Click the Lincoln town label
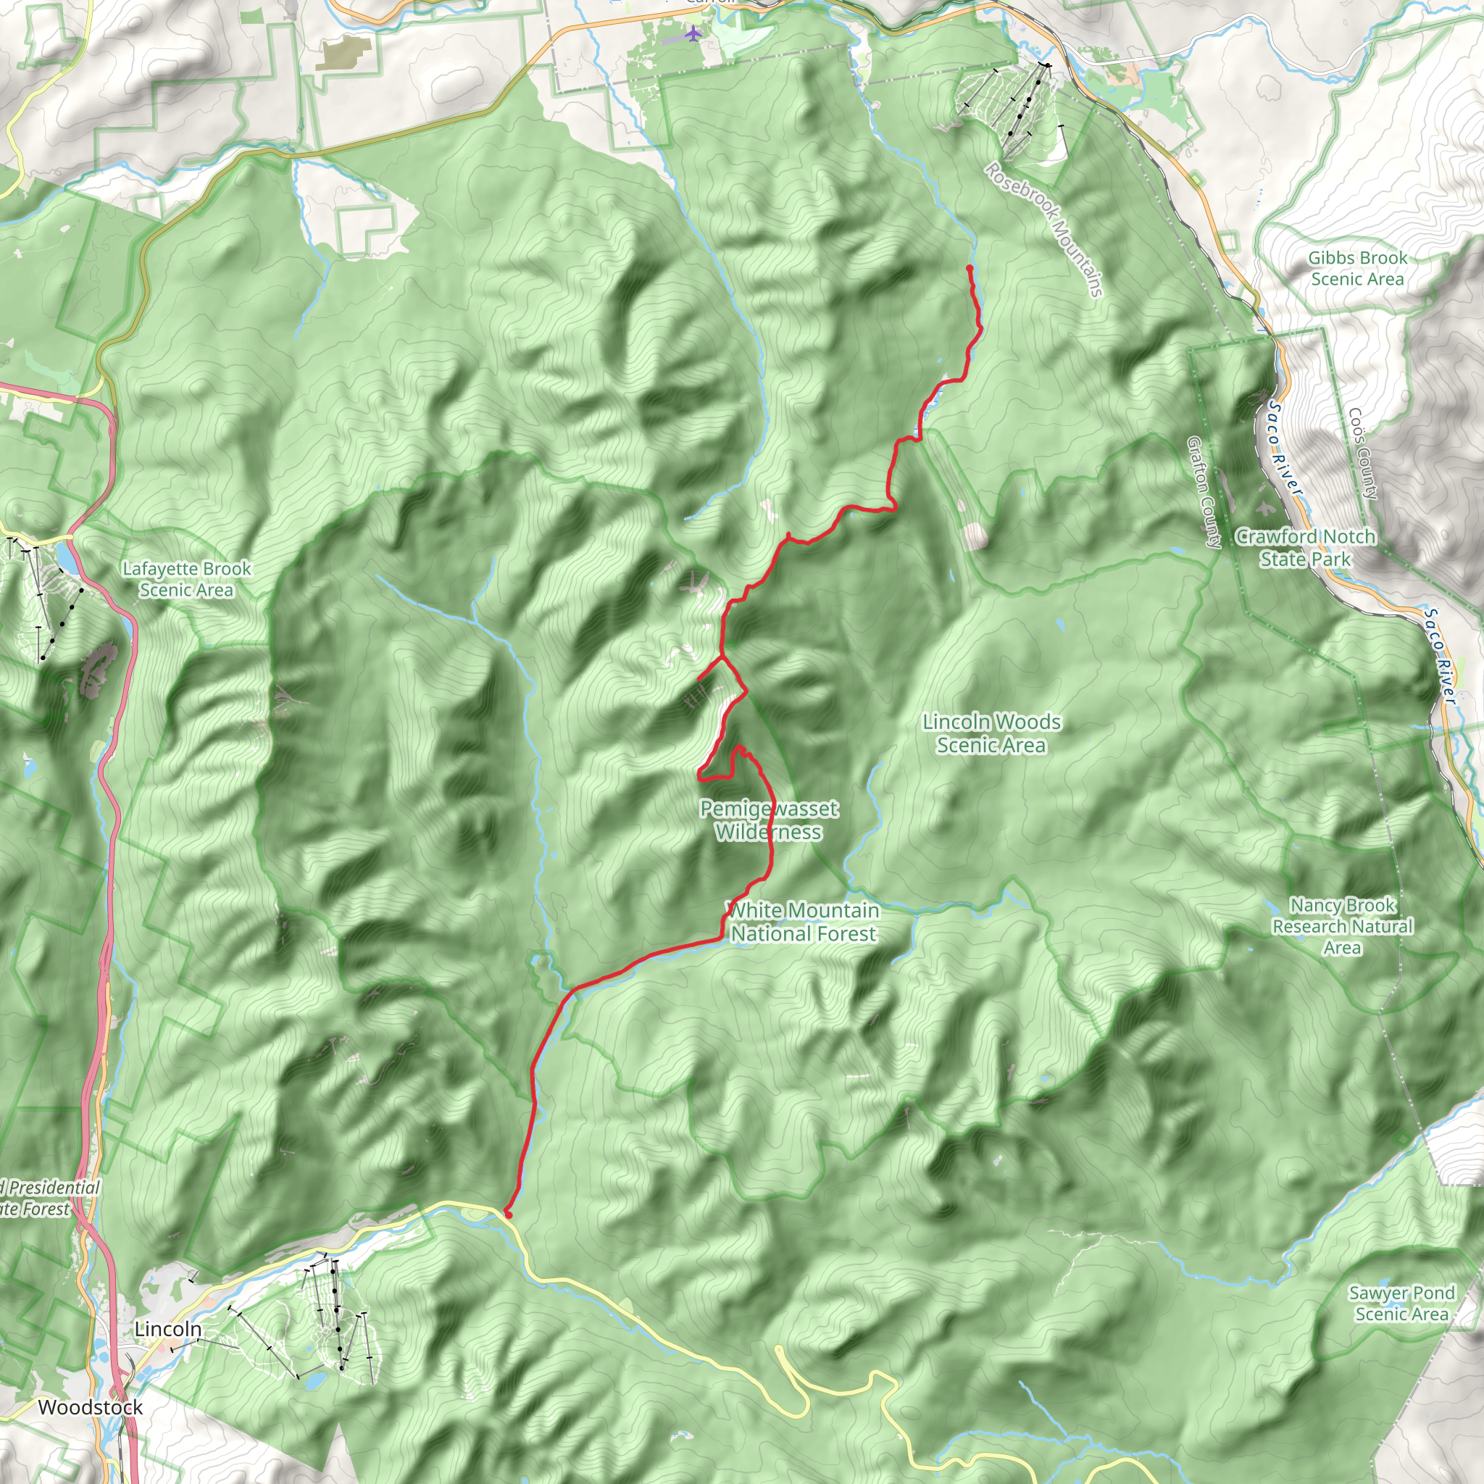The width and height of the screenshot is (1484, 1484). pos(167,1330)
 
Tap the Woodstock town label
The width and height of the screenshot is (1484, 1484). pos(91,1408)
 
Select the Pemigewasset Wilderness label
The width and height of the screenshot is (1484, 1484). pos(769,820)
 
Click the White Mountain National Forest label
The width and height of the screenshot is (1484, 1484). pos(804,922)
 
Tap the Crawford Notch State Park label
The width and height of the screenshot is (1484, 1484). pos(1305,548)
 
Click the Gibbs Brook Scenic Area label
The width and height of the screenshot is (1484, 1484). pos(1357,268)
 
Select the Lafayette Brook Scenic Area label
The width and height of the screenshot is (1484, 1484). pos(187,579)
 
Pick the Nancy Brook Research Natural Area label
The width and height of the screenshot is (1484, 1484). pos(1342,926)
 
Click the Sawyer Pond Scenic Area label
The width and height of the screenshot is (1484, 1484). pos(1401,1304)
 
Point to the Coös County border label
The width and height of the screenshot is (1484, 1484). pos(1364,453)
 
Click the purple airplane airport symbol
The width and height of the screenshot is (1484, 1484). pos(693,33)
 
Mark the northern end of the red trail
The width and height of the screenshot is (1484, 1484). pos(970,267)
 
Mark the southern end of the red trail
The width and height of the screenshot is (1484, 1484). pos(509,1214)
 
